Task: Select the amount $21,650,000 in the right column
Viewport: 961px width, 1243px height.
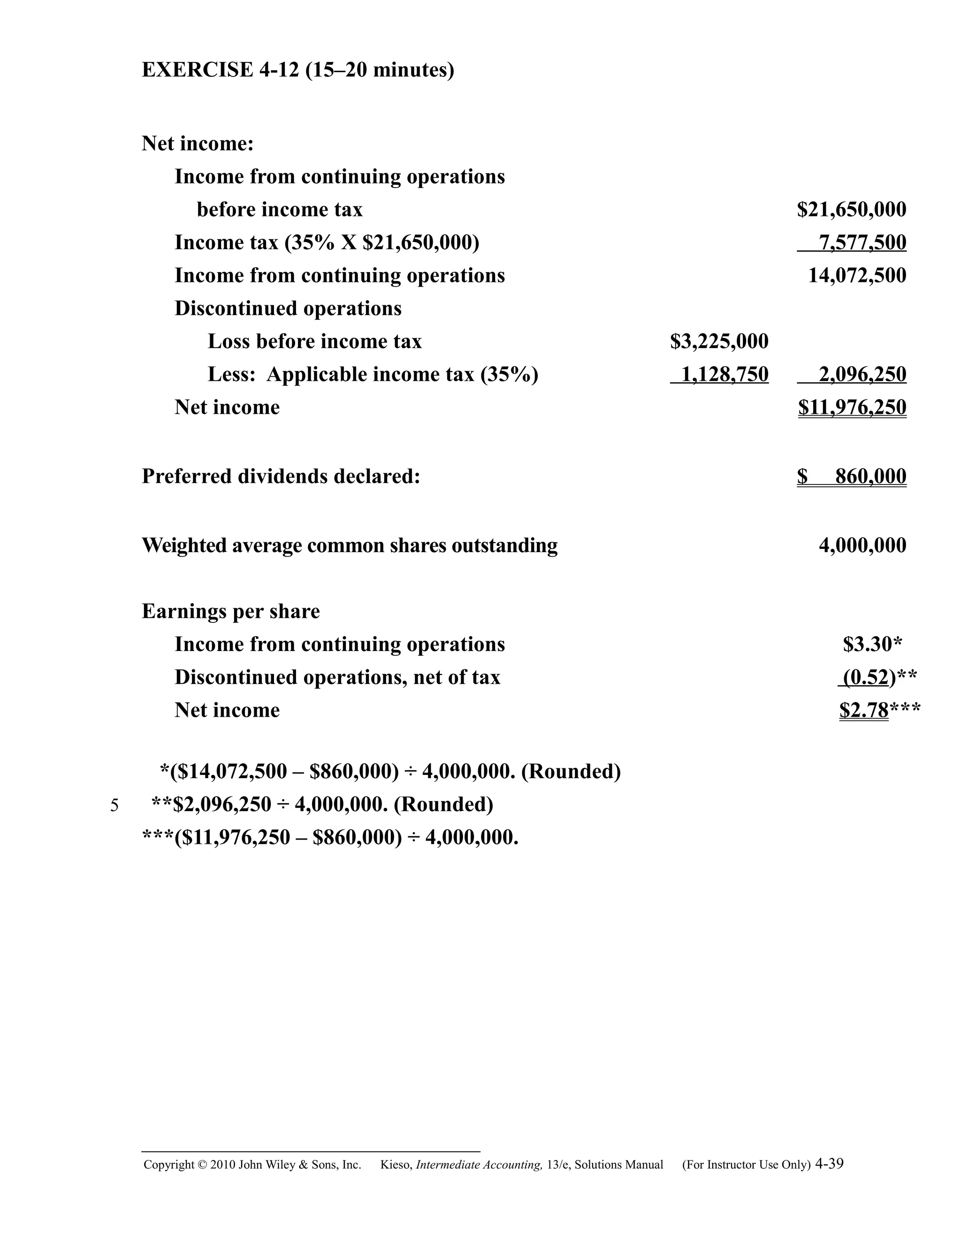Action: (x=851, y=210)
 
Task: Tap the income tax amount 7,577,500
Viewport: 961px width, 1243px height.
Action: (x=862, y=243)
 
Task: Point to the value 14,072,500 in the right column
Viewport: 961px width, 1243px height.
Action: (x=857, y=275)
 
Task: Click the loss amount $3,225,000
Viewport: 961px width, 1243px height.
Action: (x=719, y=341)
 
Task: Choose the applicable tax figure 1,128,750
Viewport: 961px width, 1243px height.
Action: (x=724, y=374)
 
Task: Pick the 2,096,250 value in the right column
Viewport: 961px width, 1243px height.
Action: (x=862, y=374)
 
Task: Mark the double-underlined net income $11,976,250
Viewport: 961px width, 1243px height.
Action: (x=852, y=408)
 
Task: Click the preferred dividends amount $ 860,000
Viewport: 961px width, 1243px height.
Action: (x=851, y=477)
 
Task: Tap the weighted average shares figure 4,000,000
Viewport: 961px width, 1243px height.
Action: (x=862, y=545)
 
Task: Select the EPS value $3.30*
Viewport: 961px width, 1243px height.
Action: (x=872, y=644)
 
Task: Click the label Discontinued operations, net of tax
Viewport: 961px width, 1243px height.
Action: (x=337, y=677)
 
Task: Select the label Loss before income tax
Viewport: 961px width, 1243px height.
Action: (x=314, y=341)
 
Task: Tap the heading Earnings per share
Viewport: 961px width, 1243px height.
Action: (x=230, y=611)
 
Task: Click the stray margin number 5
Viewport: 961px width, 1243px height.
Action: (x=114, y=806)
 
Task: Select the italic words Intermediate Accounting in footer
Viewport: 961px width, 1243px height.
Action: (x=479, y=1165)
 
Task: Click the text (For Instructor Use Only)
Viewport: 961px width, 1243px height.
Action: (x=746, y=1165)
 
